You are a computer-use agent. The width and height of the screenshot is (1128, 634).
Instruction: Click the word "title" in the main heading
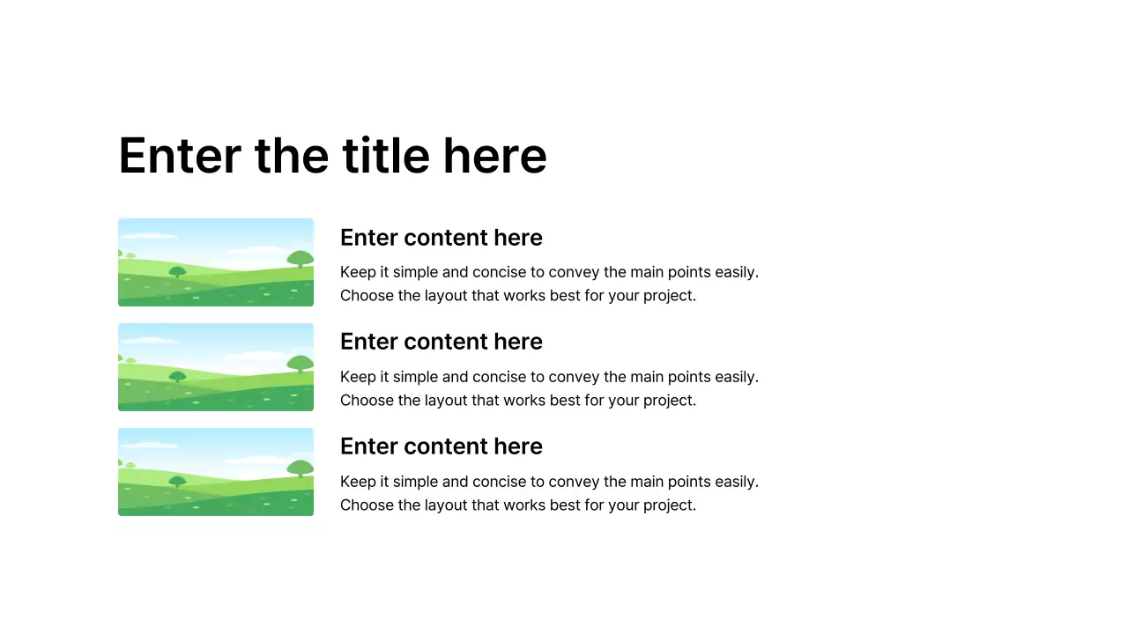[385, 156]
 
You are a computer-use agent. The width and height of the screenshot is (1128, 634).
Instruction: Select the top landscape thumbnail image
[216, 262]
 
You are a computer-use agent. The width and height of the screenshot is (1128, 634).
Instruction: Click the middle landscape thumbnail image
[216, 367]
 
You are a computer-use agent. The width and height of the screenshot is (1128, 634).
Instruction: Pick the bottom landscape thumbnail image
[216, 472]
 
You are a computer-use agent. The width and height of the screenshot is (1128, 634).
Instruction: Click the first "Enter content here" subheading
[441, 238]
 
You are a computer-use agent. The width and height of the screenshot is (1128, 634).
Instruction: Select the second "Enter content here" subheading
[441, 342]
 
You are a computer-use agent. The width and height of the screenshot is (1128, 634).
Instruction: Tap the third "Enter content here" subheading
[441, 446]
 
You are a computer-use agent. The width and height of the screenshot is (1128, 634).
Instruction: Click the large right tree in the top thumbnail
[300, 259]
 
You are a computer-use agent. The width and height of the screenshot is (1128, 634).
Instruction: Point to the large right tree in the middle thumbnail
[300, 364]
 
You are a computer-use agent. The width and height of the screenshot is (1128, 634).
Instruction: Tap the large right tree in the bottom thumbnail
[300, 468]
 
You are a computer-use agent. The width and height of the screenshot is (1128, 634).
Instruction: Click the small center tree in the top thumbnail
[177, 272]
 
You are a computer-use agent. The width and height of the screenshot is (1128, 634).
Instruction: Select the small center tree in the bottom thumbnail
[177, 482]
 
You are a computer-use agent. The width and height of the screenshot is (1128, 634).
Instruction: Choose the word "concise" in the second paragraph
[501, 377]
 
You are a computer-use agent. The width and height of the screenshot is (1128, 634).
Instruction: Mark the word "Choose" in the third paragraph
[367, 505]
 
